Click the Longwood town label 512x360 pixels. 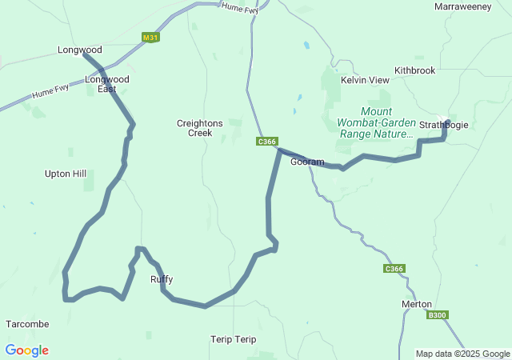(79, 50)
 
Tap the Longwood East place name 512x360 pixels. (107, 84)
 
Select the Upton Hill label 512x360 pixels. (66, 174)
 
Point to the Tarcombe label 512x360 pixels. (27, 324)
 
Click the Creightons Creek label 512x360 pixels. (194, 128)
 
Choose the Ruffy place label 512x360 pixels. (162, 279)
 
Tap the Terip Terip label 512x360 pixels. (234, 339)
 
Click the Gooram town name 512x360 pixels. (307, 162)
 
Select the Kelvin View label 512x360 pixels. (365, 81)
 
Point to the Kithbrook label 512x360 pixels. (414, 70)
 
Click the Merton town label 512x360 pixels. (416, 304)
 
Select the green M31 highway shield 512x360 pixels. (150, 38)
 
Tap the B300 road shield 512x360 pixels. (437, 315)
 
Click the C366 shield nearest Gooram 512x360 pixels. (267, 142)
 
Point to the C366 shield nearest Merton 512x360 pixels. (394, 269)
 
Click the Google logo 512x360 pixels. (27, 350)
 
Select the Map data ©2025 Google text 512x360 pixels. (462, 354)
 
